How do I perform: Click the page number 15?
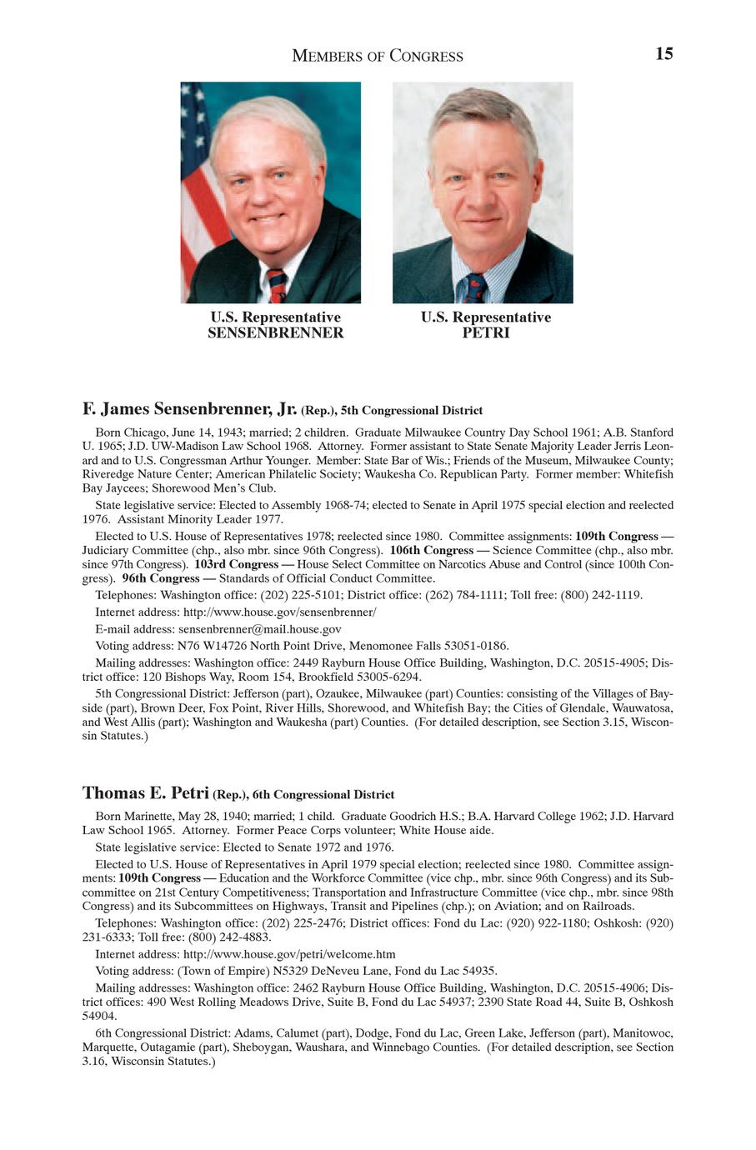(663, 54)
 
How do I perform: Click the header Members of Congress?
(378, 57)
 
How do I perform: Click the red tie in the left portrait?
(277, 286)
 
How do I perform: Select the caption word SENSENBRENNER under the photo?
(275, 333)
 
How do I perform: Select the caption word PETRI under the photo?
(485, 333)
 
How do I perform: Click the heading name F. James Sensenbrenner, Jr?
(189, 409)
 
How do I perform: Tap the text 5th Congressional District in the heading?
(412, 411)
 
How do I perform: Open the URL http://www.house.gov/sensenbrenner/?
(279, 612)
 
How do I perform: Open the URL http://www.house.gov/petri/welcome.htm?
(289, 954)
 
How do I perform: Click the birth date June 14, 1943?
(202, 432)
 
